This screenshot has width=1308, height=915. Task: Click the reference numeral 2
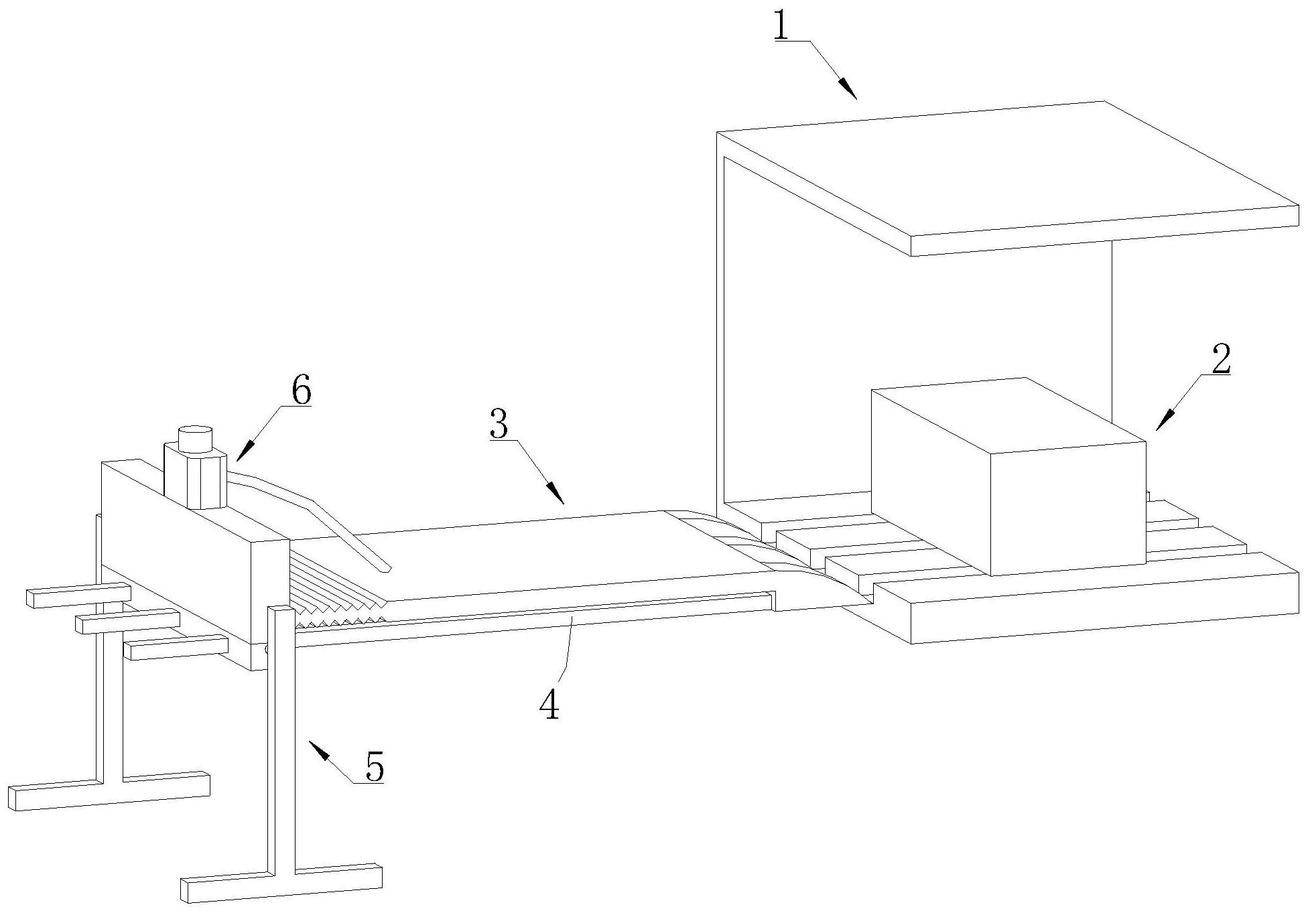coord(1221,360)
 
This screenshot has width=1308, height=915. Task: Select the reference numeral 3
coord(499,424)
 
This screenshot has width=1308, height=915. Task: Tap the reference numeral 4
coord(549,705)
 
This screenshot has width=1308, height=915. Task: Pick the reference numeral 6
coord(301,391)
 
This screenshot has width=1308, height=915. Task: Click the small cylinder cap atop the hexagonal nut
coord(195,438)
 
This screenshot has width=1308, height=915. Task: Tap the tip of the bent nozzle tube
coord(384,569)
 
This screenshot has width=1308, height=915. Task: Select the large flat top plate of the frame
coord(1005,178)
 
